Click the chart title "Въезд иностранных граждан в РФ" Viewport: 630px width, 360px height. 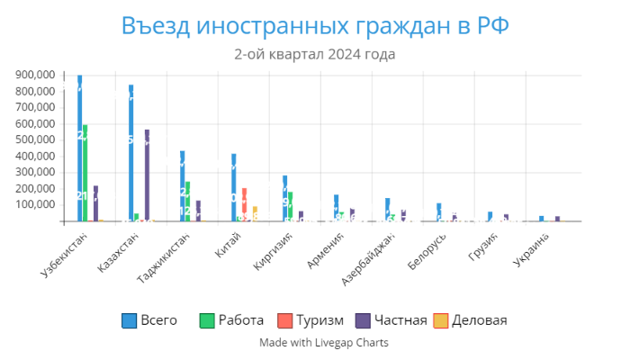[x=314, y=25]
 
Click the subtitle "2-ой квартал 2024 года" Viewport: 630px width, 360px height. [x=314, y=55]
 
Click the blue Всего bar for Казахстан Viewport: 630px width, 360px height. [x=131, y=153]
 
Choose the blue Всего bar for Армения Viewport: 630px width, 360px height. [x=336, y=208]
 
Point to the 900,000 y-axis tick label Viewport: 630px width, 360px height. [x=35, y=75]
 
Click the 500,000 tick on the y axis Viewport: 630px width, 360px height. [x=35, y=139]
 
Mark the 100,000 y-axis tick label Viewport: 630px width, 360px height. [x=35, y=205]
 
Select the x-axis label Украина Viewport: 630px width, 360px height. [x=531, y=251]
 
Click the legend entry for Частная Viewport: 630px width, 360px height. [x=391, y=320]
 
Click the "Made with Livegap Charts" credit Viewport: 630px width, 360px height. [x=314, y=343]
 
